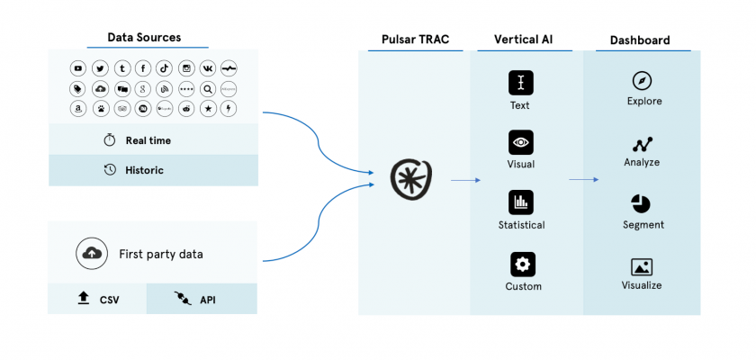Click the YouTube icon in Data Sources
78,68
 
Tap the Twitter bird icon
100,68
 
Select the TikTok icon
164,68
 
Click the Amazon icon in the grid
78,109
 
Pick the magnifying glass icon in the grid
207,89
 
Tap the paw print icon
100,109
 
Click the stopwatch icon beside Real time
110,140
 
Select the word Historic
144,169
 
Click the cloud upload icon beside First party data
91,255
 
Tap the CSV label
109,300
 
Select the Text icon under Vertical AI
520,83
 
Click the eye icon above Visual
520,142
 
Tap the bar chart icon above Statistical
520,202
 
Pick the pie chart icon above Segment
642,203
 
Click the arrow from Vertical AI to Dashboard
583,180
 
